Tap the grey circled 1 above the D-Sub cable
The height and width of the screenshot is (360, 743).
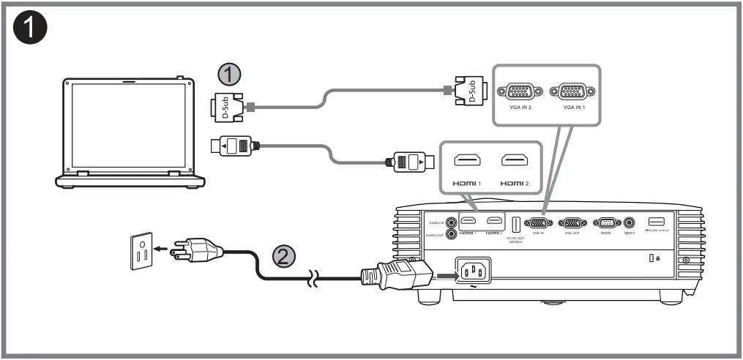tap(230, 74)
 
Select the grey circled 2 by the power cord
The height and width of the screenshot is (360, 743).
tap(285, 255)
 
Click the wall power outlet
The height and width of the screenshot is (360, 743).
tap(142, 250)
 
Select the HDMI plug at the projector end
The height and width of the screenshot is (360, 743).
tap(410, 161)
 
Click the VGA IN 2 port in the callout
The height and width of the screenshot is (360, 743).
tap(520, 92)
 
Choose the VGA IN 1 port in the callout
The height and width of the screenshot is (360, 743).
tap(571, 92)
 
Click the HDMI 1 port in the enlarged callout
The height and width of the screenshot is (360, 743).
tap(467, 161)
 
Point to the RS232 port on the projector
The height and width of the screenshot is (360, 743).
tap(607, 222)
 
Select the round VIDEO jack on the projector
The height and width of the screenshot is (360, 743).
tap(629, 222)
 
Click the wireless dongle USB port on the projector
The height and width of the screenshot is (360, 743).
tap(656, 222)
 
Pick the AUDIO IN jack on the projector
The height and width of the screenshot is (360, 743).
tap(452, 222)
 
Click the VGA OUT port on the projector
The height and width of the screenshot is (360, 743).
tap(572, 222)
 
